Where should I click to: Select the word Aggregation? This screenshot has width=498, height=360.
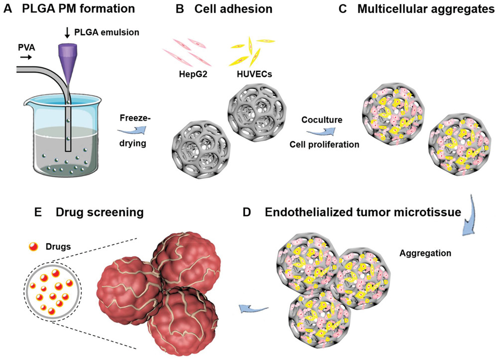click(425, 252)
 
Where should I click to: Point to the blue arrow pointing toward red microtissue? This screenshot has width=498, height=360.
click(249, 310)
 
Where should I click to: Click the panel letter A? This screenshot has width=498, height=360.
click(7, 9)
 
